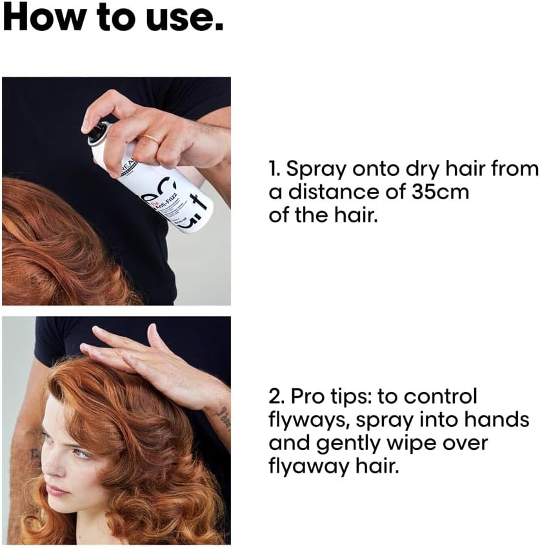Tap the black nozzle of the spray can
pos(97,131)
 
